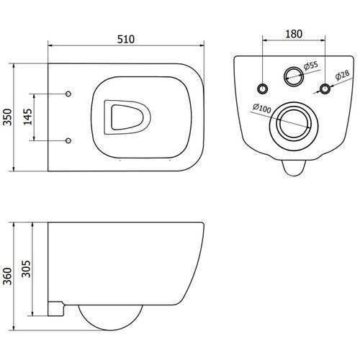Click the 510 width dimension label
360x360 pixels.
click(x=126, y=39)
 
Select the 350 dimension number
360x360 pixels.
click(x=7, y=117)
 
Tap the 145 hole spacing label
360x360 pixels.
click(x=27, y=117)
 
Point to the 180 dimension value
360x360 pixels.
click(x=294, y=34)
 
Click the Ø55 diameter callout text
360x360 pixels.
click(x=311, y=66)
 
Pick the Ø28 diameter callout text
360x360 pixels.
click(x=343, y=75)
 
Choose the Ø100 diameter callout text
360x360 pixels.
click(x=261, y=108)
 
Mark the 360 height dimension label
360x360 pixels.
click(x=7, y=276)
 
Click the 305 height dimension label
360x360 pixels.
click(x=27, y=269)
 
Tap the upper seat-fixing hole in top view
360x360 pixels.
click(x=68, y=94)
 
